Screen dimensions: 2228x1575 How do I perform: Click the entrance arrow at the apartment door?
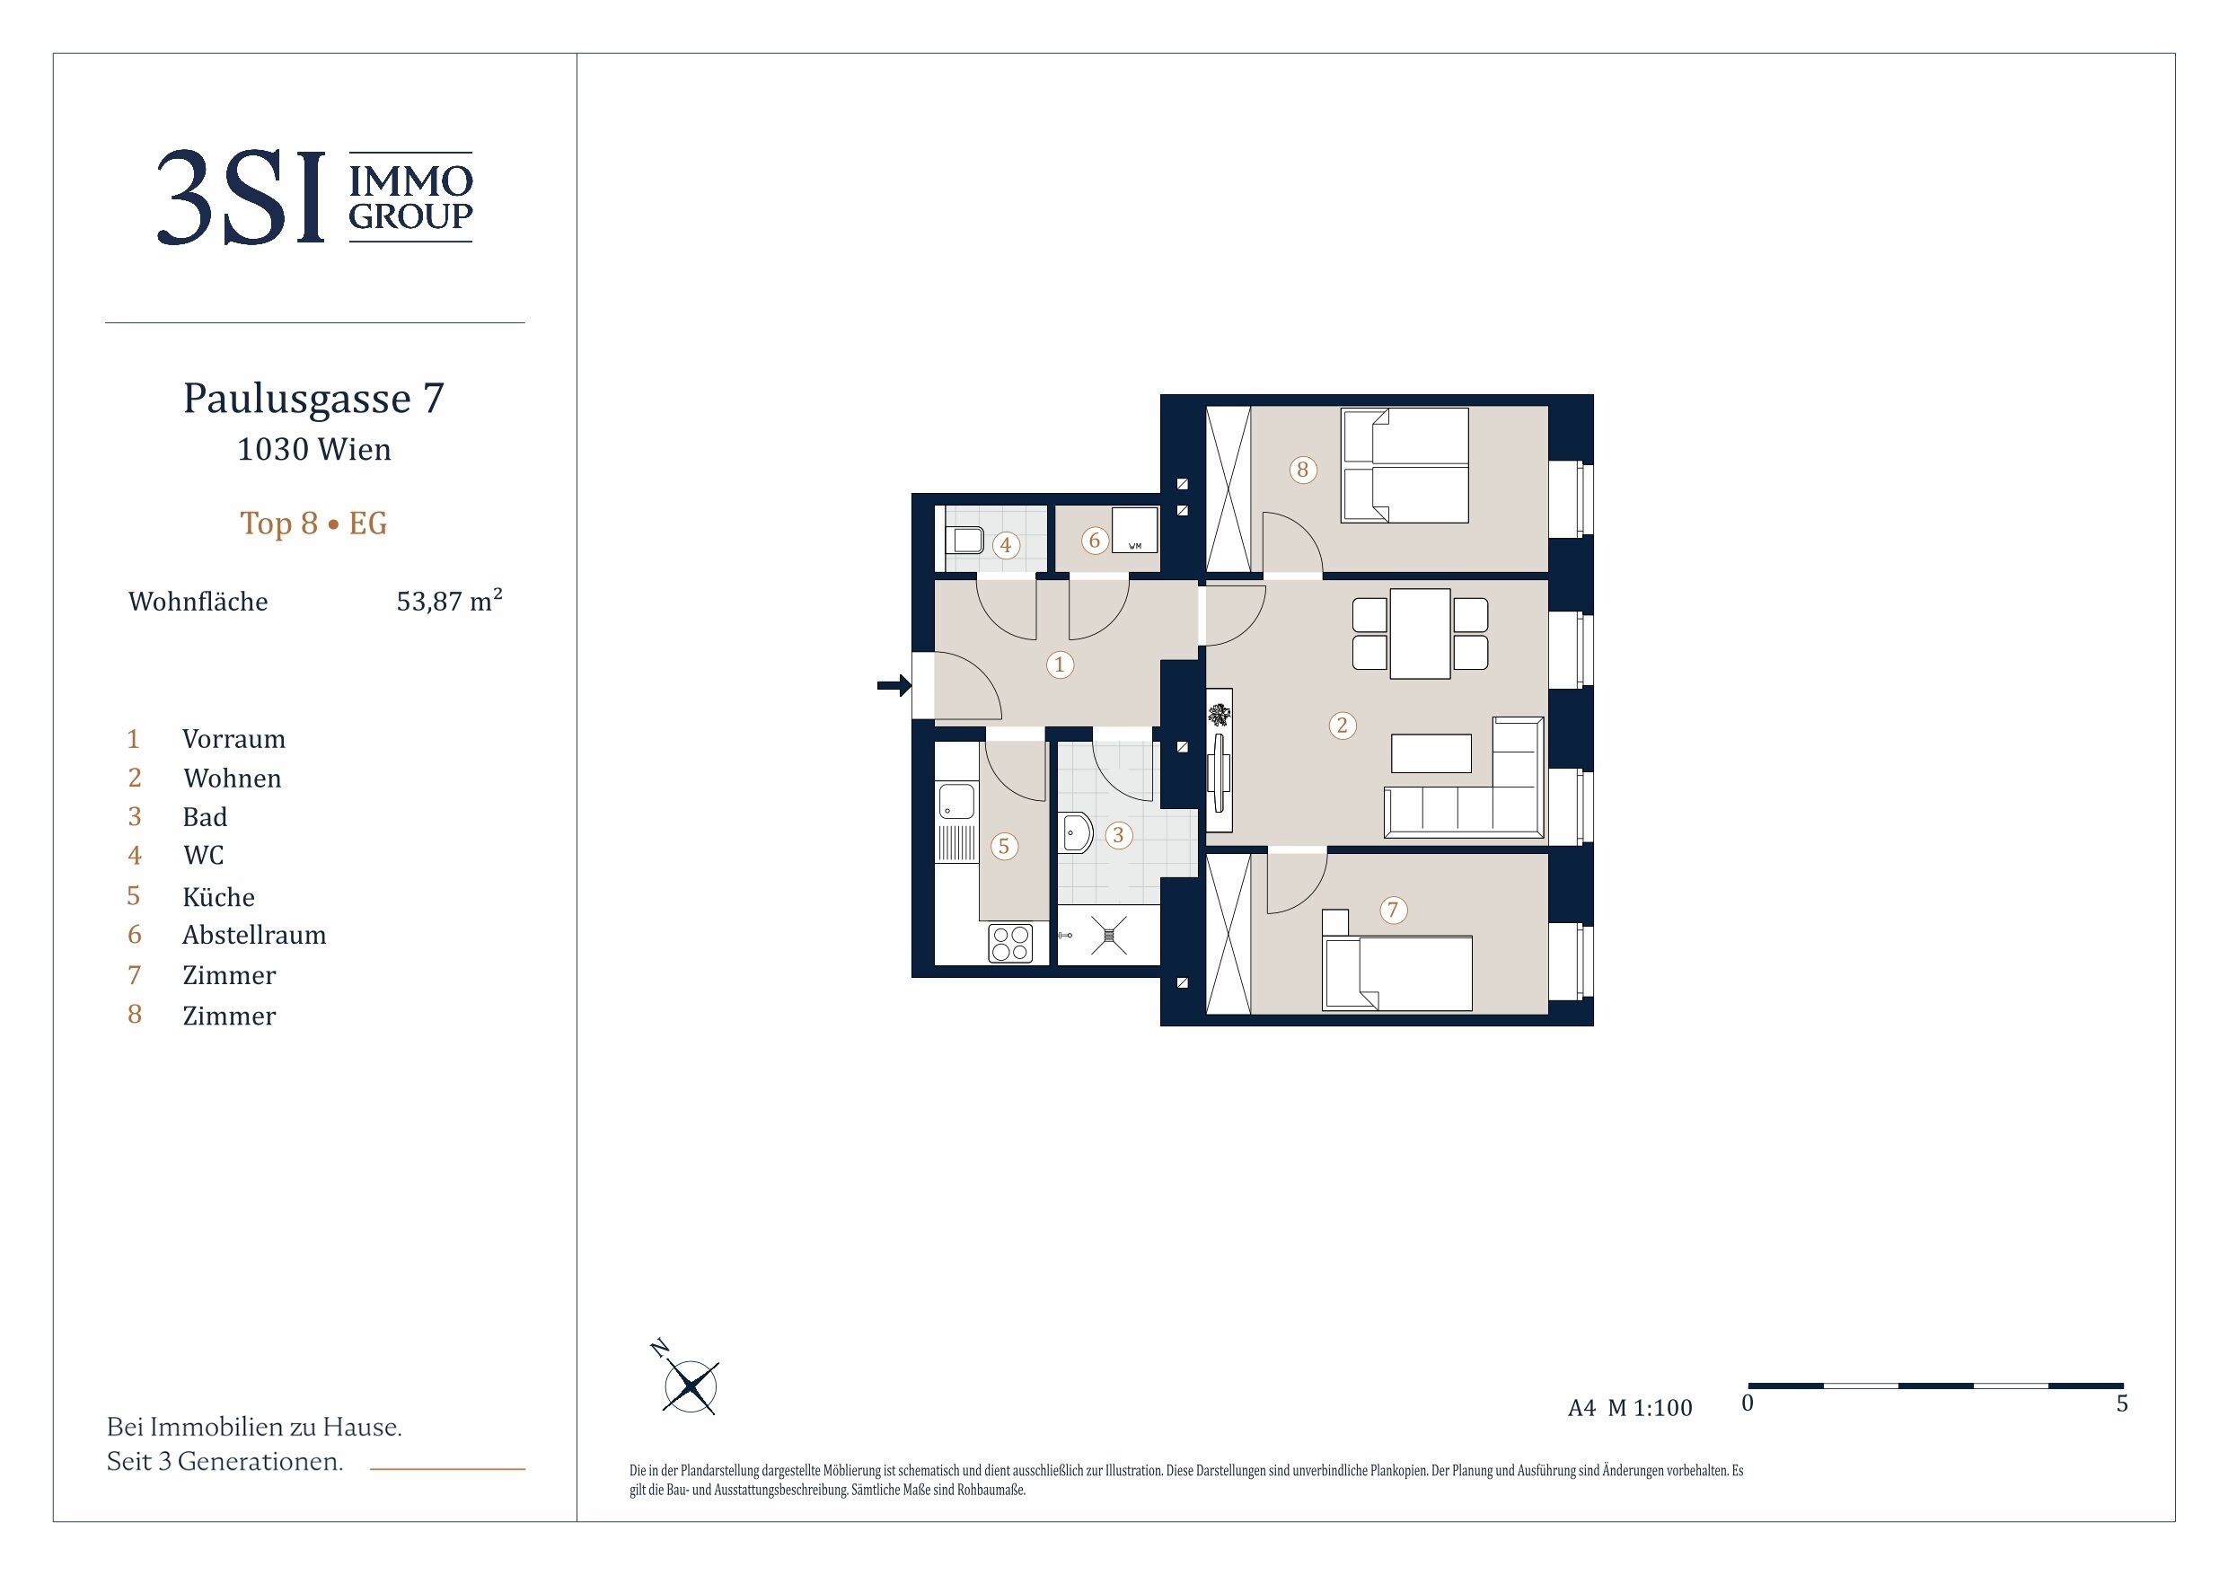click(894, 686)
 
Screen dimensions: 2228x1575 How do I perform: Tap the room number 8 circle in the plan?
click(1302, 470)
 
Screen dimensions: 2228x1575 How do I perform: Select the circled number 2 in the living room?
click(1342, 725)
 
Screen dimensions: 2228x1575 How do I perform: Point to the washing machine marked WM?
click(1134, 531)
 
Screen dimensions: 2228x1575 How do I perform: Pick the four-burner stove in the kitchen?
click(1010, 943)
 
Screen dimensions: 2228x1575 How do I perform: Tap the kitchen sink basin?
click(955, 802)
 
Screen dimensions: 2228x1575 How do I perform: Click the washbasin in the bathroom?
click(1076, 832)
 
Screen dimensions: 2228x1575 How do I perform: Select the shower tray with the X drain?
click(1108, 936)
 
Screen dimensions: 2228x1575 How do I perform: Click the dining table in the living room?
click(1420, 634)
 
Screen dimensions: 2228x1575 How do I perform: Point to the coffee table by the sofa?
click(1431, 753)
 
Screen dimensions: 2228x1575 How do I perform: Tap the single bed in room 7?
click(1397, 972)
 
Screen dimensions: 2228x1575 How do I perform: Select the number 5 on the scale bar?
click(2122, 1403)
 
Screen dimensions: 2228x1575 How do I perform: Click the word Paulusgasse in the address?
click(297, 398)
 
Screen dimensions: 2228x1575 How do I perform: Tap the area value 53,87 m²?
click(449, 601)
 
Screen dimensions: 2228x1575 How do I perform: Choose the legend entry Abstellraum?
click(254, 935)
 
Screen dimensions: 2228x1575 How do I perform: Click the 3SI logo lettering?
click(240, 197)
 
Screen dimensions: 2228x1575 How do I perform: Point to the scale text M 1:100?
click(1650, 1408)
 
